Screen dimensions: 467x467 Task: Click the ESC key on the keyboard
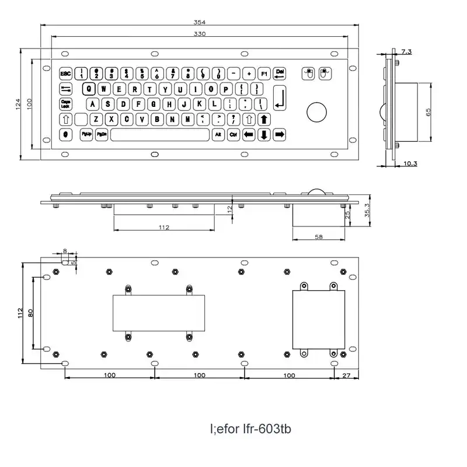[x=65, y=74]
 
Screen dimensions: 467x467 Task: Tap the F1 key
[x=263, y=74]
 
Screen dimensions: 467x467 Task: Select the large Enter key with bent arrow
[x=280, y=97]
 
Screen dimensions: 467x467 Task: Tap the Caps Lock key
[x=65, y=104]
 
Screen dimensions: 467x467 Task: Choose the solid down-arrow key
[x=263, y=135]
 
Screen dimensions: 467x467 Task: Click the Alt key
[x=218, y=135]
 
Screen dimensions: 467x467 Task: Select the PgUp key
[x=86, y=135]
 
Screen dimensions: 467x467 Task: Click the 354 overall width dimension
[x=200, y=22]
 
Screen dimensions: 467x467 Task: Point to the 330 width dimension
[x=200, y=34]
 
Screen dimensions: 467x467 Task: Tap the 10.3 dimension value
[x=410, y=163]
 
